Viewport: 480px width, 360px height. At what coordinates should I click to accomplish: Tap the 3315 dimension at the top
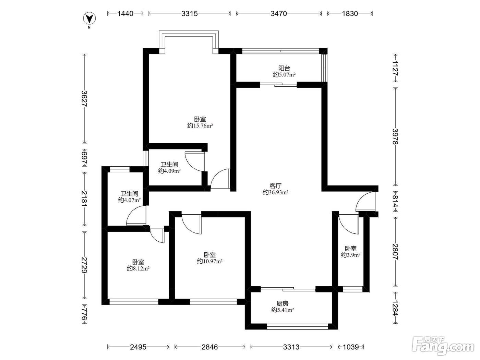[190, 14]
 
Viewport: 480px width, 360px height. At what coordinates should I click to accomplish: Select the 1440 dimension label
[125, 14]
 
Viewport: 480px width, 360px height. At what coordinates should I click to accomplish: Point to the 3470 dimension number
[279, 14]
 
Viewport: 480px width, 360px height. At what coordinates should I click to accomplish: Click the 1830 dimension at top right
[350, 14]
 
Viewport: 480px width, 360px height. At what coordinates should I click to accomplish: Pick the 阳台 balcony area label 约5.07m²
[284, 75]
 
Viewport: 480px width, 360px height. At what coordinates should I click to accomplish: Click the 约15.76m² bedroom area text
[200, 126]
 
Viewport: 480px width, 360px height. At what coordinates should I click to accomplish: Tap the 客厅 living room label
[276, 186]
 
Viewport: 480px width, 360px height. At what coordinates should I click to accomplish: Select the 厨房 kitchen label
[283, 303]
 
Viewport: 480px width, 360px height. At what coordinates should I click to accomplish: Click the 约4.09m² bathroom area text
[169, 171]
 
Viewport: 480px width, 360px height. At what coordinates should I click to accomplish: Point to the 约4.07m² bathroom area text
[129, 200]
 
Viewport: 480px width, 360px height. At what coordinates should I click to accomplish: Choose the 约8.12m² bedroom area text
[138, 268]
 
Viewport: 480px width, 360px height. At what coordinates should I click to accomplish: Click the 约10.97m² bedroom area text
[210, 261]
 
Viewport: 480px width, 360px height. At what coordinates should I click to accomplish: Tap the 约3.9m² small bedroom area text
[351, 255]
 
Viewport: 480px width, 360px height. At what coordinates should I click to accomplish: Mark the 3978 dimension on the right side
[395, 136]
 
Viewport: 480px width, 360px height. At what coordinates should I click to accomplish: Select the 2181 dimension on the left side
[84, 199]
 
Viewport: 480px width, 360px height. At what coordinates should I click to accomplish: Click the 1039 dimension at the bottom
[351, 347]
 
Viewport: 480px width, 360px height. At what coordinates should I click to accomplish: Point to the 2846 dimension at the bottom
[210, 347]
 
